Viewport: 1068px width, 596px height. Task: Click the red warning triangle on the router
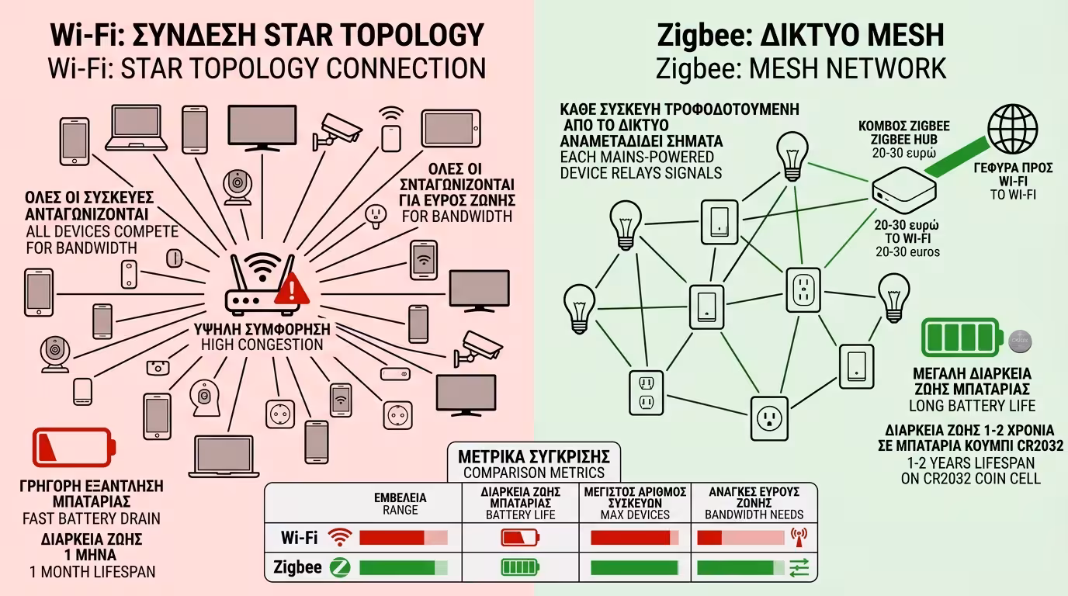pyautogui.click(x=292, y=288)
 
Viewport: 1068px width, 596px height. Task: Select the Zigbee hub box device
pyautogui.click(x=903, y=190)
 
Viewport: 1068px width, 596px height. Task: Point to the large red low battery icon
pyautogui.click(x=73, y=447)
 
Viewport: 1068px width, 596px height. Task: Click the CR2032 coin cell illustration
pyautogui.click(x=1019, y=339)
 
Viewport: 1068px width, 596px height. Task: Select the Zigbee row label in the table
pyautogui.click(x=298, y=567)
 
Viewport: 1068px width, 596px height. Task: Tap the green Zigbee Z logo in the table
pyautogui.click(x=339, y=567)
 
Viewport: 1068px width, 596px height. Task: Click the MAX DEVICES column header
pyautogui.click(x=634, y=514)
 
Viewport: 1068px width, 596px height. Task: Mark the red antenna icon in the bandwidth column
pyautogui.click(x=798, y=536)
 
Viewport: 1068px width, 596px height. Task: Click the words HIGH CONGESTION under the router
pyautogui.click(x=262, y=345)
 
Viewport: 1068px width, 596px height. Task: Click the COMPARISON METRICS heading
pyautogui.click(x=533, y=472)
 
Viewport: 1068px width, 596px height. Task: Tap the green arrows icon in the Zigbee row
pyautogui.click(x=798, y=568)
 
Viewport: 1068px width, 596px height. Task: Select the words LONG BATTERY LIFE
pyautogui.click(x=972, y=405)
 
